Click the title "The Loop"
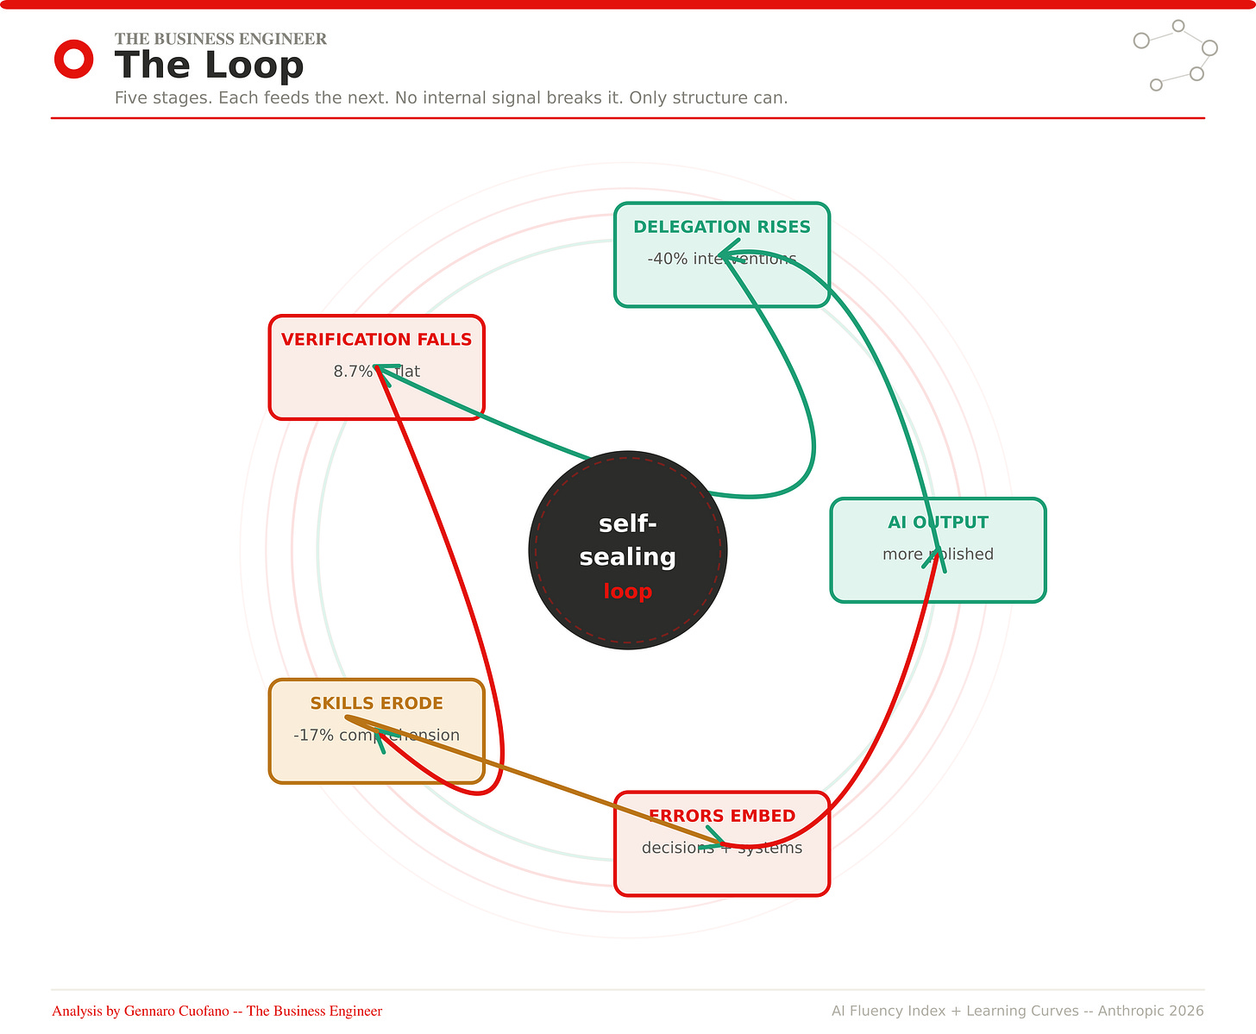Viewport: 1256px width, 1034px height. [209, 66]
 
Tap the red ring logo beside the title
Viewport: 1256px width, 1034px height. [73, 60]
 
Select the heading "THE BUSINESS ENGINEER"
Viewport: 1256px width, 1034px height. [220, 39]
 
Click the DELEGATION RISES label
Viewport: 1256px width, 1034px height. [721, 227]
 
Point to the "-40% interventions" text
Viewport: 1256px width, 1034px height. [721, 259]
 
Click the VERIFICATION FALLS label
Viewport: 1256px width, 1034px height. [376, 340]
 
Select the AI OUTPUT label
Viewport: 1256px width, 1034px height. [938, 523]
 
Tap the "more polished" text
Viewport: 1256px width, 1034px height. [938, 555]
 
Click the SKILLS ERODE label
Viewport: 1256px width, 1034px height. [376, 704]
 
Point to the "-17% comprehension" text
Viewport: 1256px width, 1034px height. [376, 736]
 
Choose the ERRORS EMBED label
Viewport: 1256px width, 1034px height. [721, 816]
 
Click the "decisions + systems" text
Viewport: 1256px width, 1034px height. [721, 849]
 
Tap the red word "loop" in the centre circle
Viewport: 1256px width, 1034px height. [627, 592]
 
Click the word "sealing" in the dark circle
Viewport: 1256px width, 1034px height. [627, 557]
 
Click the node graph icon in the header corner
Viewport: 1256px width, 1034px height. [1174, 54]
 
